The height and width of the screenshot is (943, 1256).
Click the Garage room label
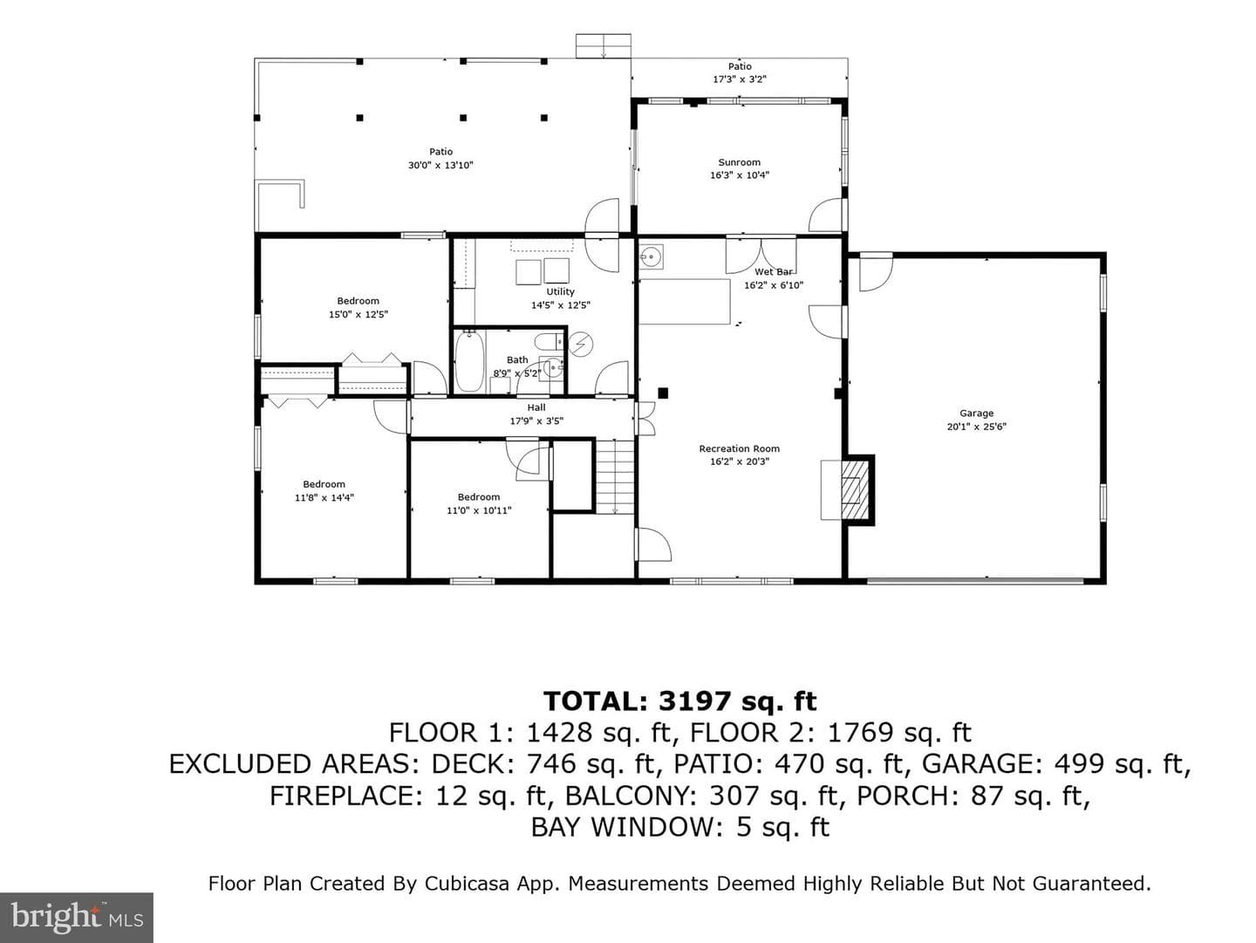(x=976, y=413)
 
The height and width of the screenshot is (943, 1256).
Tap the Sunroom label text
(x=740, y=162)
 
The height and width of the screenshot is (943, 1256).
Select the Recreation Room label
(x=740, y=448)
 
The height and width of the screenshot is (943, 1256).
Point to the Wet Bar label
(x=774, y=272)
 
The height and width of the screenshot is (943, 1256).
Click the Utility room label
(x=560, y=292)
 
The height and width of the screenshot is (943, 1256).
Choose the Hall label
(x=536, y=407)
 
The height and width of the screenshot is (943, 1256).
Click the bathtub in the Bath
(x=469, y=361)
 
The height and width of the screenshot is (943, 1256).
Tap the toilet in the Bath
(x=549, y=342)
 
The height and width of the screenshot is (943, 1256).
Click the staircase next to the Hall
(x=615, y=476)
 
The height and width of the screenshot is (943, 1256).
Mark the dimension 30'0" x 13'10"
(x=440, y=166)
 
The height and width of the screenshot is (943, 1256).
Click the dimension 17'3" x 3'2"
(x=740, y=79)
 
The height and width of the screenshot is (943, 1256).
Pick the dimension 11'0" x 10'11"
(x=479, y=510)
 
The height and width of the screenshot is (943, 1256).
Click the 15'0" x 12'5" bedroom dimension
(x=358, y=314)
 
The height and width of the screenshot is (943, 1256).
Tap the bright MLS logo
(x=77, y=917)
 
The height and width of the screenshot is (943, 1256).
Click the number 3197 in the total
(x=694, y=701)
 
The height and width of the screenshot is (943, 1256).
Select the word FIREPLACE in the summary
(x=346, y=796)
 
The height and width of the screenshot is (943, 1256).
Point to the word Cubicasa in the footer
(x=467, y=884)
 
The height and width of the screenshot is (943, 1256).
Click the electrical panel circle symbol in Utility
(x=581, y=345)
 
